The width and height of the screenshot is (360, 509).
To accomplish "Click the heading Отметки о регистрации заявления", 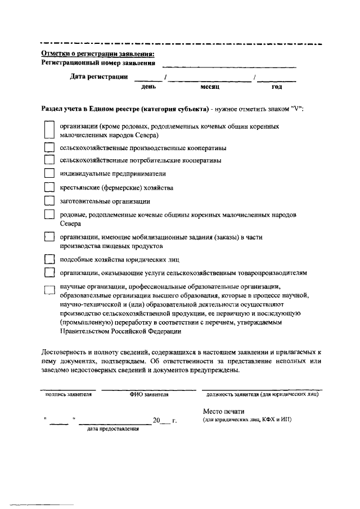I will [x=98, y=54].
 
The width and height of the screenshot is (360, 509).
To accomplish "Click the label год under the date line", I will [x=276, y=87].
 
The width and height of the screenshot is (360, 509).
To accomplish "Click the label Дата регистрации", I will [x=98, y=76].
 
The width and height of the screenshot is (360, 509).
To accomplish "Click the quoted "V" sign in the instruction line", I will [x=296, y=109].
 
